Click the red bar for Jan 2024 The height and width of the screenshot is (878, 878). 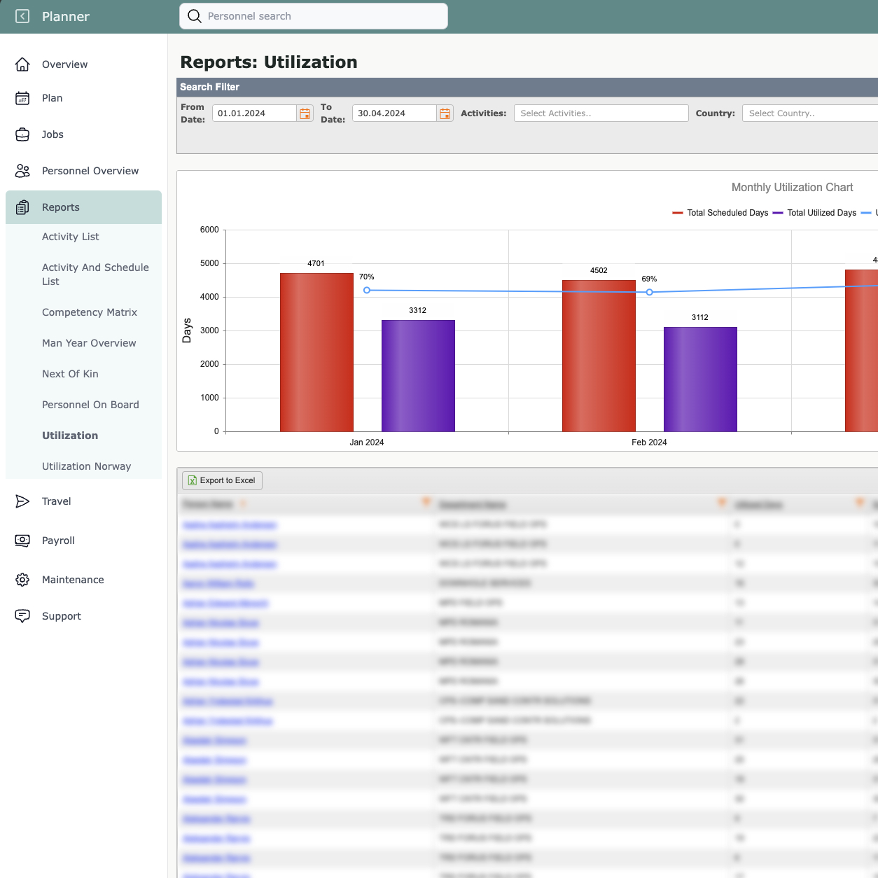point(316,352)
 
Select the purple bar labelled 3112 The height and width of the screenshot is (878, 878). point(700,379)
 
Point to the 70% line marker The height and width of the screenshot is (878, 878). point(367,290)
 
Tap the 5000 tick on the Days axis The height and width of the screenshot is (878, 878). point(209,263)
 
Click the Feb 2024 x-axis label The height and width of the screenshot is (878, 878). point(649,443)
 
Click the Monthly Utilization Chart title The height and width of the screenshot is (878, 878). point(792,188)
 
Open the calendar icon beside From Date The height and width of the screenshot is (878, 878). point(305,113)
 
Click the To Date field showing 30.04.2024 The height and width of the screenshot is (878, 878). point(394,113)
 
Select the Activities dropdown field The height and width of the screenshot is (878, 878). point(601,113)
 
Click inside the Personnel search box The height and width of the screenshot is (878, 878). point(322,16)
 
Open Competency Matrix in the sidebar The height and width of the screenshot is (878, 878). point(90,312)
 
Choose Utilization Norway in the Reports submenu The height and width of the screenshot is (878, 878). point(86,466)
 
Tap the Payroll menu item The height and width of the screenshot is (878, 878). point(58,541)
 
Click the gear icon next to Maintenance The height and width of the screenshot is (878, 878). point(22,580)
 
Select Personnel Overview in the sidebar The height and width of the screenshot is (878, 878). point(90,171)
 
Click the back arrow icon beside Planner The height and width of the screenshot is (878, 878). point(22,16)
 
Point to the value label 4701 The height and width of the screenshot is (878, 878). point(316,263)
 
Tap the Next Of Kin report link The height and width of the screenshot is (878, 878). point(70,374)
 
